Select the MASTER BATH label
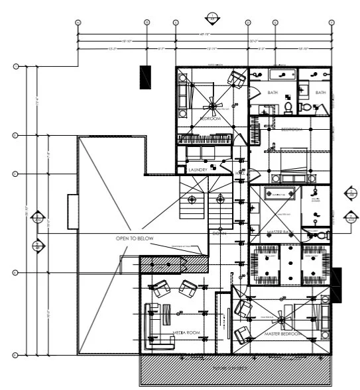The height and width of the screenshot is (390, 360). pyautogui.click(x=280, y=232)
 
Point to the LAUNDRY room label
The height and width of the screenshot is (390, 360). pyautogui.click(x=198, y=170)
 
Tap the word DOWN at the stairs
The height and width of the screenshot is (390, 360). pyautogui.click(x=219, y=233)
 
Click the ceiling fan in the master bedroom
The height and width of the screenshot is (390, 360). pyautogui.click(x=284, y=320)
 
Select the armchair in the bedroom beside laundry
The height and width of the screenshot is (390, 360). pyautogui.click(x=235, y=79)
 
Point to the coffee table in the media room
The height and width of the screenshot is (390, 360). pyautogui.click(x=167, y=313)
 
